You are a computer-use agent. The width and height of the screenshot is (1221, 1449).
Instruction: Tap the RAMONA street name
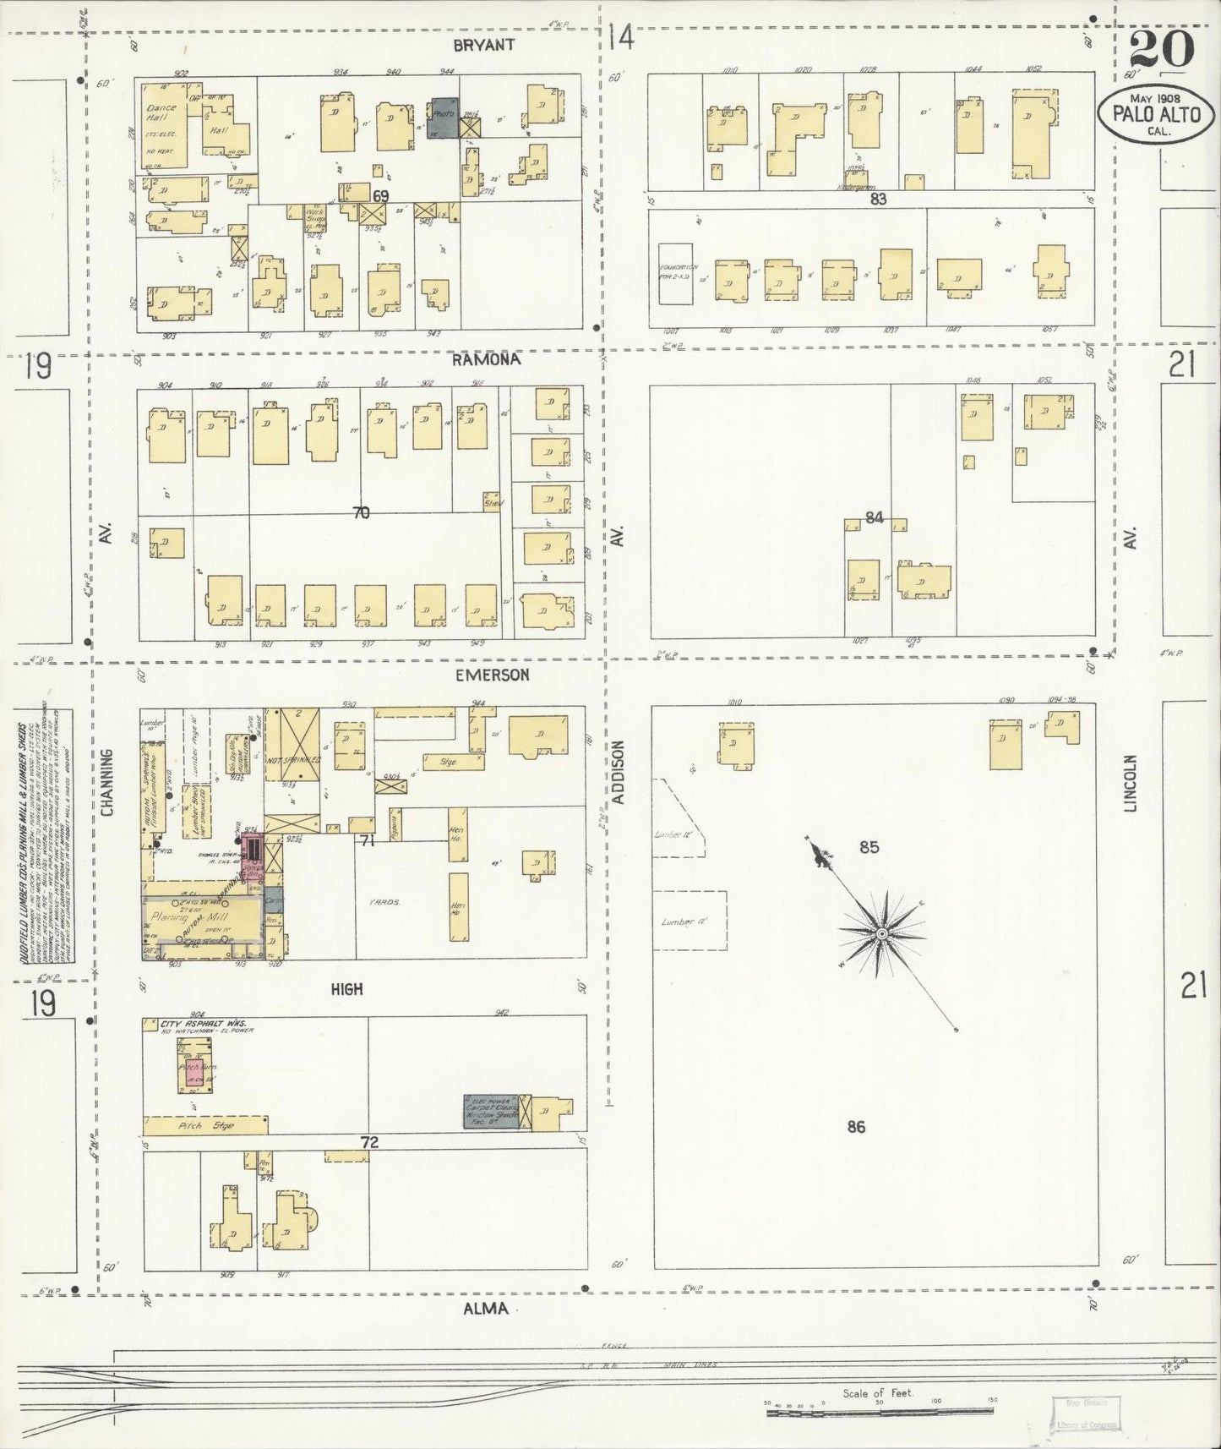click(485, 359)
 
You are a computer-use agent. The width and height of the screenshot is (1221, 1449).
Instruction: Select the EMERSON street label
click(492, 675)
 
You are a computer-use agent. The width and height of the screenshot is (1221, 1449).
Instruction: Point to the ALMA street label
click(486, 1309)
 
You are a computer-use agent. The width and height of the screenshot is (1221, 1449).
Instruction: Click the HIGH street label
click(346, 988)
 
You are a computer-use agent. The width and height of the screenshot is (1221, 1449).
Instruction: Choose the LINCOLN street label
click(1131, 783)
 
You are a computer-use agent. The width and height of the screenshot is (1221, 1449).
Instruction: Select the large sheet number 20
click(1162, 49)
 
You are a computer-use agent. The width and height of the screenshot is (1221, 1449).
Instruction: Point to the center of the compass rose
click(881, 933)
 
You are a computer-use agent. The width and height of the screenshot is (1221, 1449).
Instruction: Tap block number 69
click(381, 196)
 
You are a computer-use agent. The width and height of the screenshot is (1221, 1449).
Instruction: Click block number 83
click(878, 200)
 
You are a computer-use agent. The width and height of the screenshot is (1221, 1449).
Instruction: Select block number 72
click(368, 1142)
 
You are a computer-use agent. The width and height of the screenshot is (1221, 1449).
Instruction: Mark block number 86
click(856, 1126)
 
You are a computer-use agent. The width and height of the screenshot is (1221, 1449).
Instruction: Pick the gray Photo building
click(443, 116)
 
